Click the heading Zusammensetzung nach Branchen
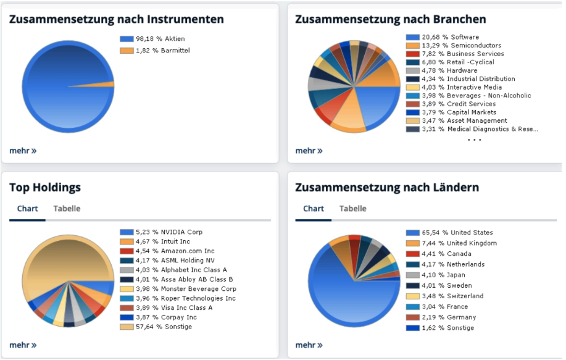coord(390,19)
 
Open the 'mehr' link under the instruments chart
coord(23,151)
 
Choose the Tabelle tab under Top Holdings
coord(67,209)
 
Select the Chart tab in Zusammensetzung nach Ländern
coord(314,209)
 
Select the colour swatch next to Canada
coord(412,254)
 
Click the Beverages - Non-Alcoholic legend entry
coord(475,96)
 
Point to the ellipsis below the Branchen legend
coord(474,140)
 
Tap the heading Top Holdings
coord(45,187)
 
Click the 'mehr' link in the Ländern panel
coord(309,345)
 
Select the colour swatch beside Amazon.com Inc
coord(126,251)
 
